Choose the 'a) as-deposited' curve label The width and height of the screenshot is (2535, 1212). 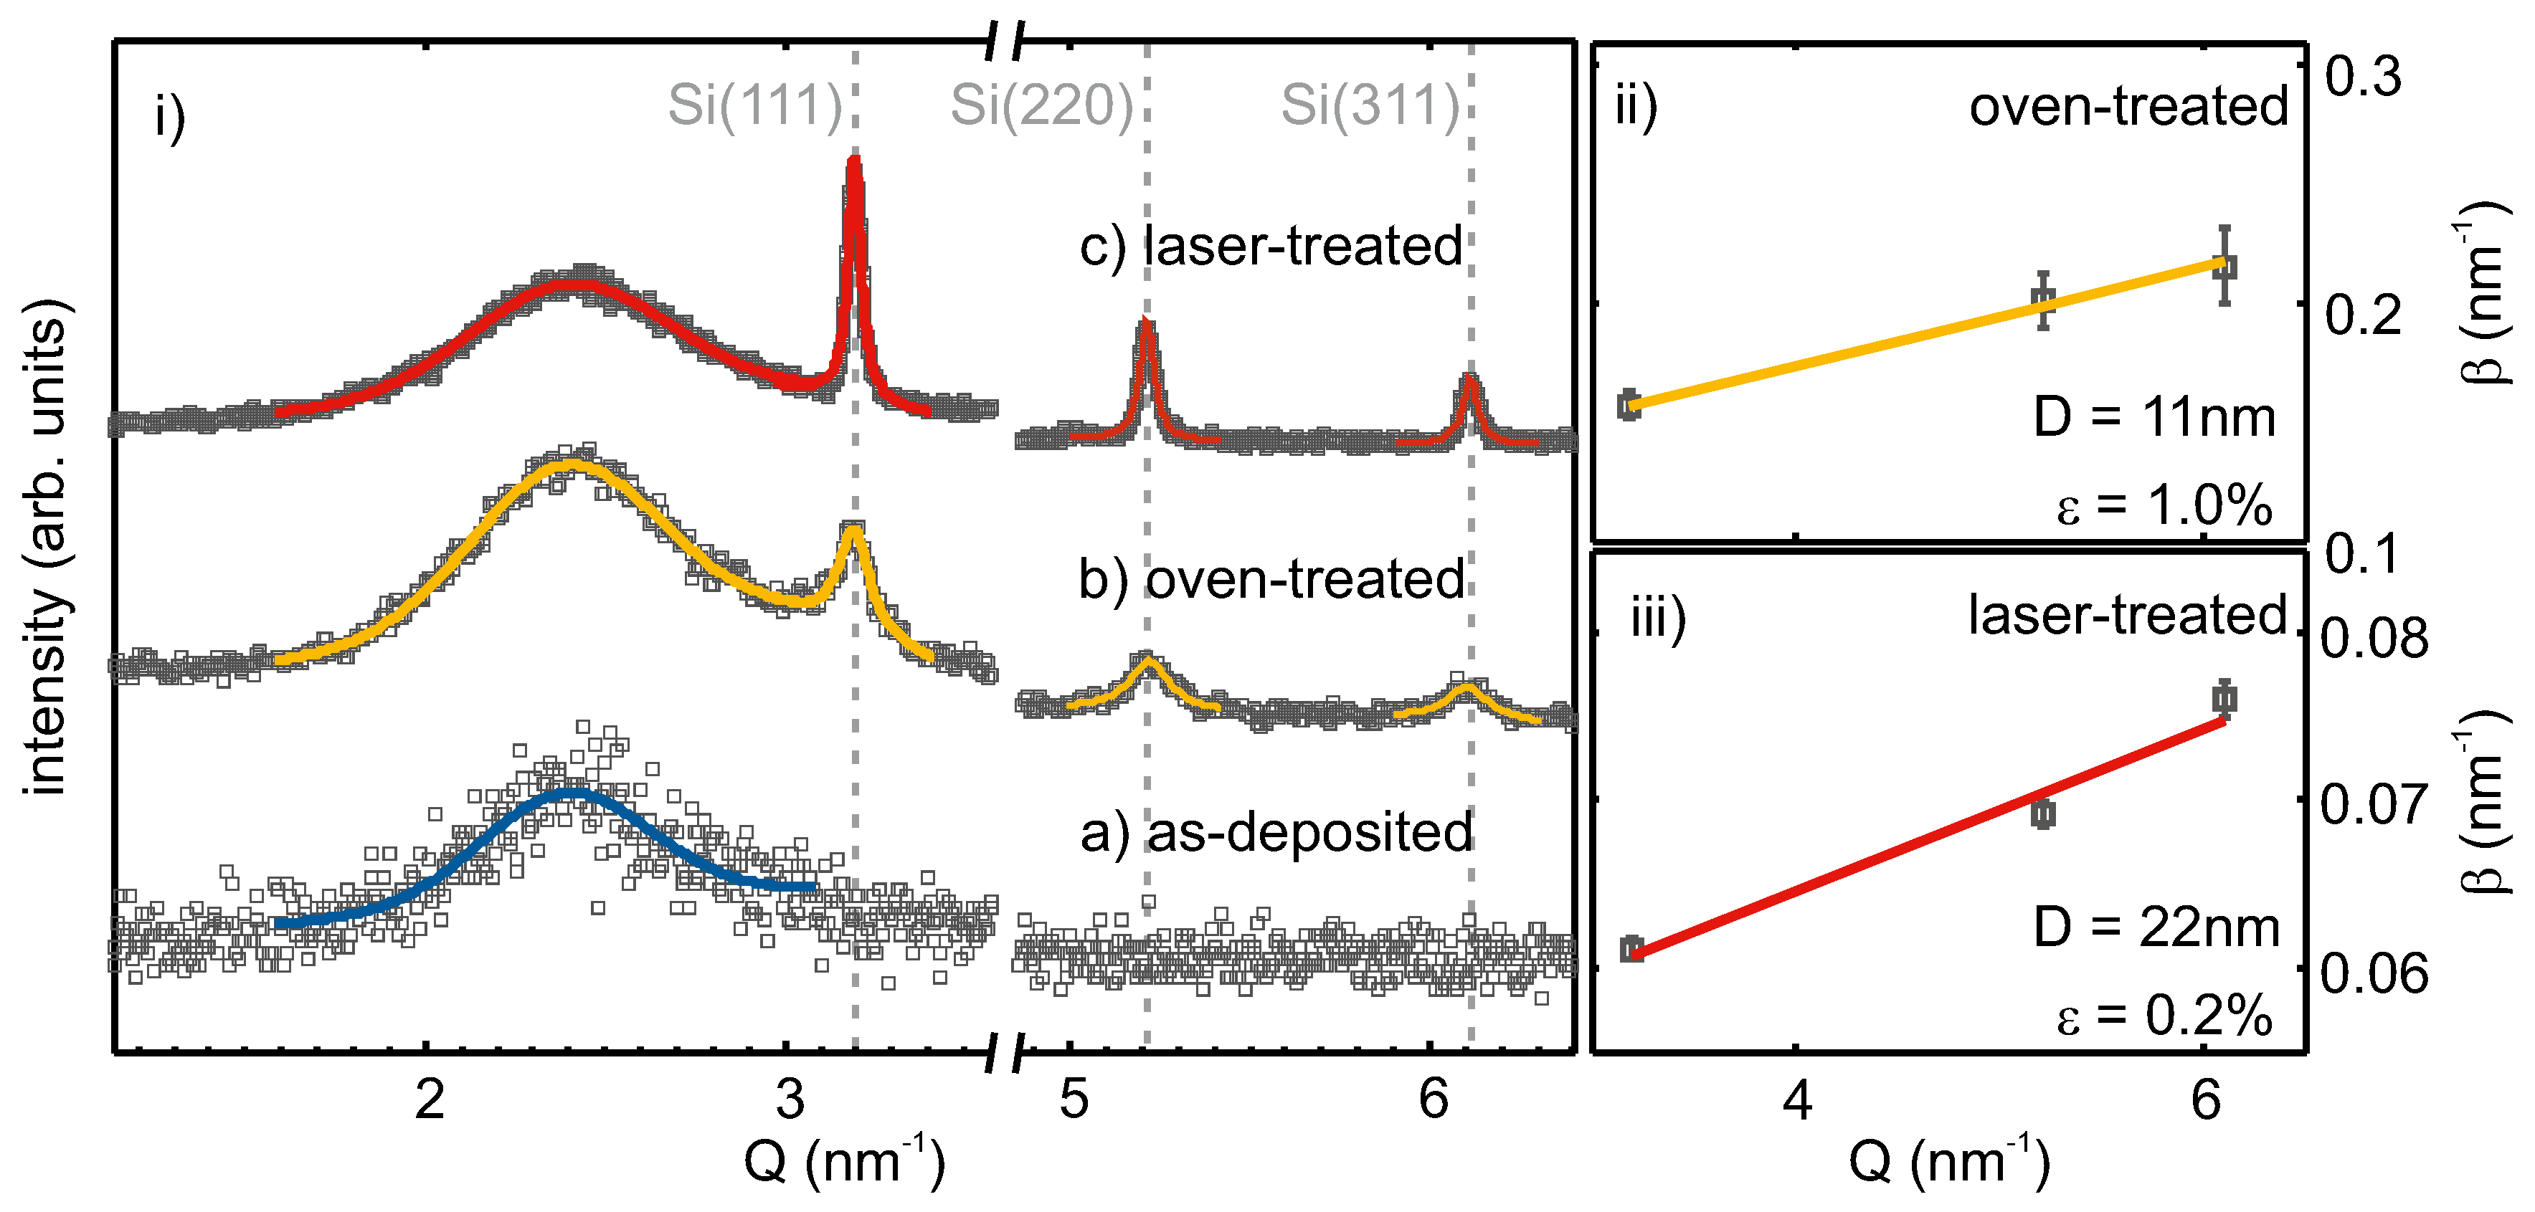1275,832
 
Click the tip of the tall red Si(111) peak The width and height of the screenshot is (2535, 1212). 853,162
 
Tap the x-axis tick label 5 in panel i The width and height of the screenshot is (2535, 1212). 1074,1099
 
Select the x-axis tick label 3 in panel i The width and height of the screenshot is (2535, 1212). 790,1099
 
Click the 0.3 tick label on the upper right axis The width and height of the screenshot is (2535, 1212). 2363,77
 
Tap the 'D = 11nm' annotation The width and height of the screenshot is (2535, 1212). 2154,417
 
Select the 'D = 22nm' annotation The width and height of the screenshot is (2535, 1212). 2156,927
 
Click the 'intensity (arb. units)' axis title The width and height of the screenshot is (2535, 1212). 45,546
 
